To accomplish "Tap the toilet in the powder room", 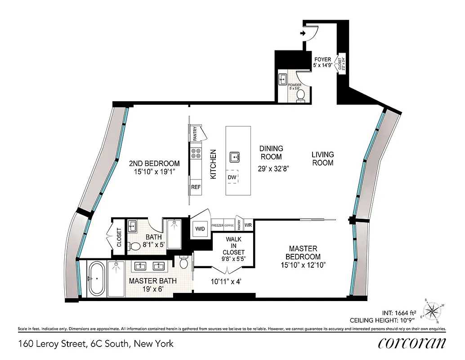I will click(301, 95).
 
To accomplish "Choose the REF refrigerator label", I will click(196, 186).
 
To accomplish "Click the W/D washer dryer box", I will click(200, 229).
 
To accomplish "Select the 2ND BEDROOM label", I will click(154, 167).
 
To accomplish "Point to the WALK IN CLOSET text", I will click(234, 245).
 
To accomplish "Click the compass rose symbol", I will click(433, 310).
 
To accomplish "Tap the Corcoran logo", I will click(412, 343).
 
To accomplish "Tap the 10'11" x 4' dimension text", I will click(226, 282).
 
